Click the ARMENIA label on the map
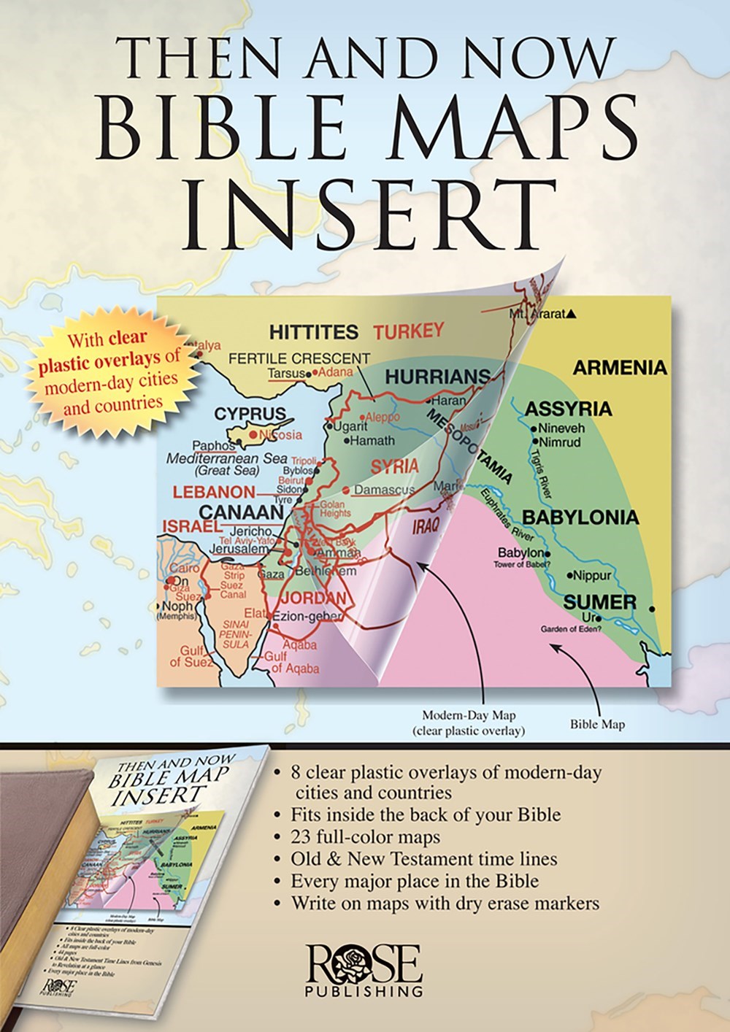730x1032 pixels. pyautogui.click(x=620, y=367)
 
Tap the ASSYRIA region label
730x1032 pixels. pyautogui.click(x=569, y=408)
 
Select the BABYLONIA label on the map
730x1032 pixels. pyautogui.click(x=580, y=518)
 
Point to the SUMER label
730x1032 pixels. pyautogui.click(x=600, y=603)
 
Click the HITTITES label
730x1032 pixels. pyautogui.click(x=313, y=333)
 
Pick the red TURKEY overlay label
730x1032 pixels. pyautogui.click(x=409, y=331)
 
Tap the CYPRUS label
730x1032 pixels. pyautogui.click(x=250, y=415)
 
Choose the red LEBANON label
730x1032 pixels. pyautogui.click(x=214, y=492)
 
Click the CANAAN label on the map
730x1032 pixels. pyautogui.click(x=242, y=512)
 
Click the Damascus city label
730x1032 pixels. pyautogui.click(x=384, y=490)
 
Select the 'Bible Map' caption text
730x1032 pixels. pyautogui.click(x=597, y=725)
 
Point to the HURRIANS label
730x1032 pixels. pyautogui.click(x=437, y=377)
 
